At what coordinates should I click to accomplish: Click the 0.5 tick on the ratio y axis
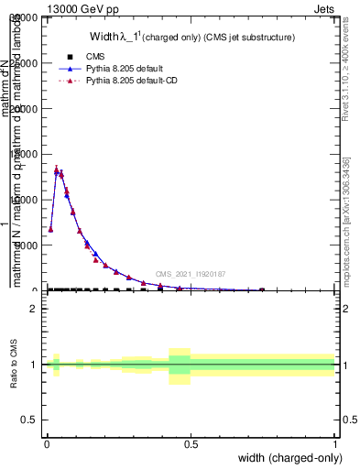28,420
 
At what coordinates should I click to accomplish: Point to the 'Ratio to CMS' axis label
14,365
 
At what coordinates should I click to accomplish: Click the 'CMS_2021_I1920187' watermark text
190,274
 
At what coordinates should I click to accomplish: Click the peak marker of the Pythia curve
57,169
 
